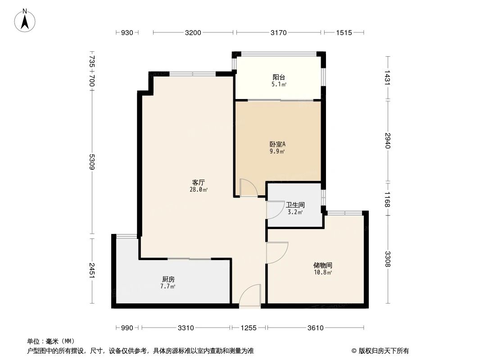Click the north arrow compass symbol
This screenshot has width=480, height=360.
point(25,20)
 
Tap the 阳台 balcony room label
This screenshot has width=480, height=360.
point(279,76)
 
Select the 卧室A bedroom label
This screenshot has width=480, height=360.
point(277,144)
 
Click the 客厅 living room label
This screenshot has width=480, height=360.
point(199,183)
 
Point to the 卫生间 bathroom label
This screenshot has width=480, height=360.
point(295,205)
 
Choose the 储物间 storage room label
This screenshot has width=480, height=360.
point(322,265)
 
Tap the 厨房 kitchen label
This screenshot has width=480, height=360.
point(168,279)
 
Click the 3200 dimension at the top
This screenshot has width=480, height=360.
point(193,32)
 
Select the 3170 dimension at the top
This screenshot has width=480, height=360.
point(279,32)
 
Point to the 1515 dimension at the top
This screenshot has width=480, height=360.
point(344,32)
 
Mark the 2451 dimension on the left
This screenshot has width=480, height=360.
point(92,270)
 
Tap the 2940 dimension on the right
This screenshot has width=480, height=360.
point(387,140)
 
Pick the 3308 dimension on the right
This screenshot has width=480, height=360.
point(387,259)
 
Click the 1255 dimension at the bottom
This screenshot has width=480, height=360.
point(248,328)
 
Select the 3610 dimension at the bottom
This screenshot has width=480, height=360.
point(315,328)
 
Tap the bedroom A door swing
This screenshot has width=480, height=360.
point(248,188)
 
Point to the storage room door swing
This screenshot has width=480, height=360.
point(276,252)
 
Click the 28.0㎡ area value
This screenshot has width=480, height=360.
point(199,190)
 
